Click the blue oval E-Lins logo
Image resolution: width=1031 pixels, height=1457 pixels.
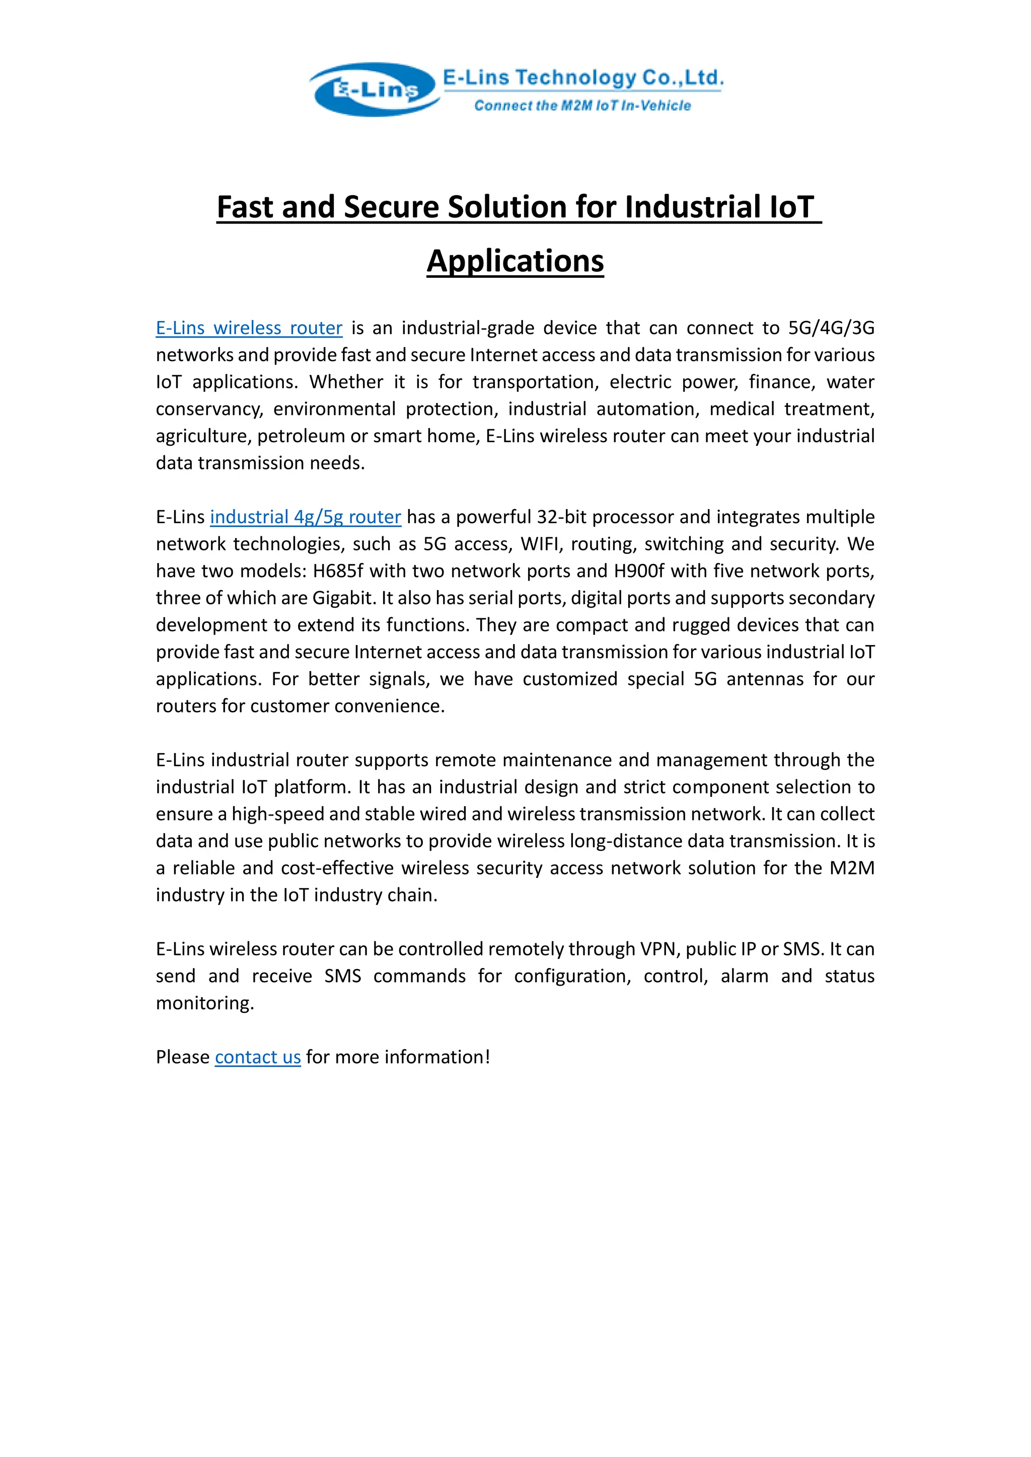point(375,90)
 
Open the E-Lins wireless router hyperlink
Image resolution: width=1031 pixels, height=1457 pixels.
point(249,328)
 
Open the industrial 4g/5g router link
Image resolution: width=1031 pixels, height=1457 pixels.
point(306,517)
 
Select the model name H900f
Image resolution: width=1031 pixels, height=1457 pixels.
point(639,571)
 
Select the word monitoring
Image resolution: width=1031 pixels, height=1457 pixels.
point(204,1003)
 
